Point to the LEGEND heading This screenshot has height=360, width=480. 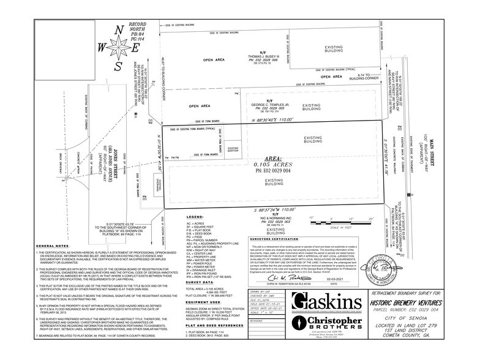176,217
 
